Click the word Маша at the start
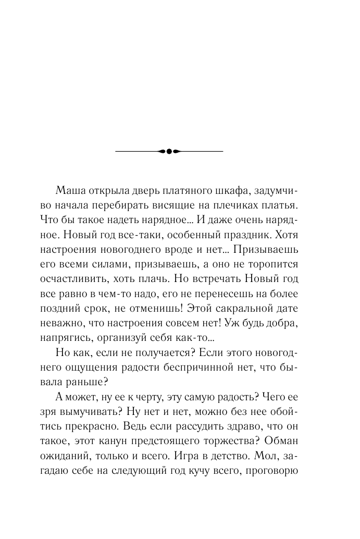(x=68, y=188)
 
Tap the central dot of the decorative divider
(x=168, y=151)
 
